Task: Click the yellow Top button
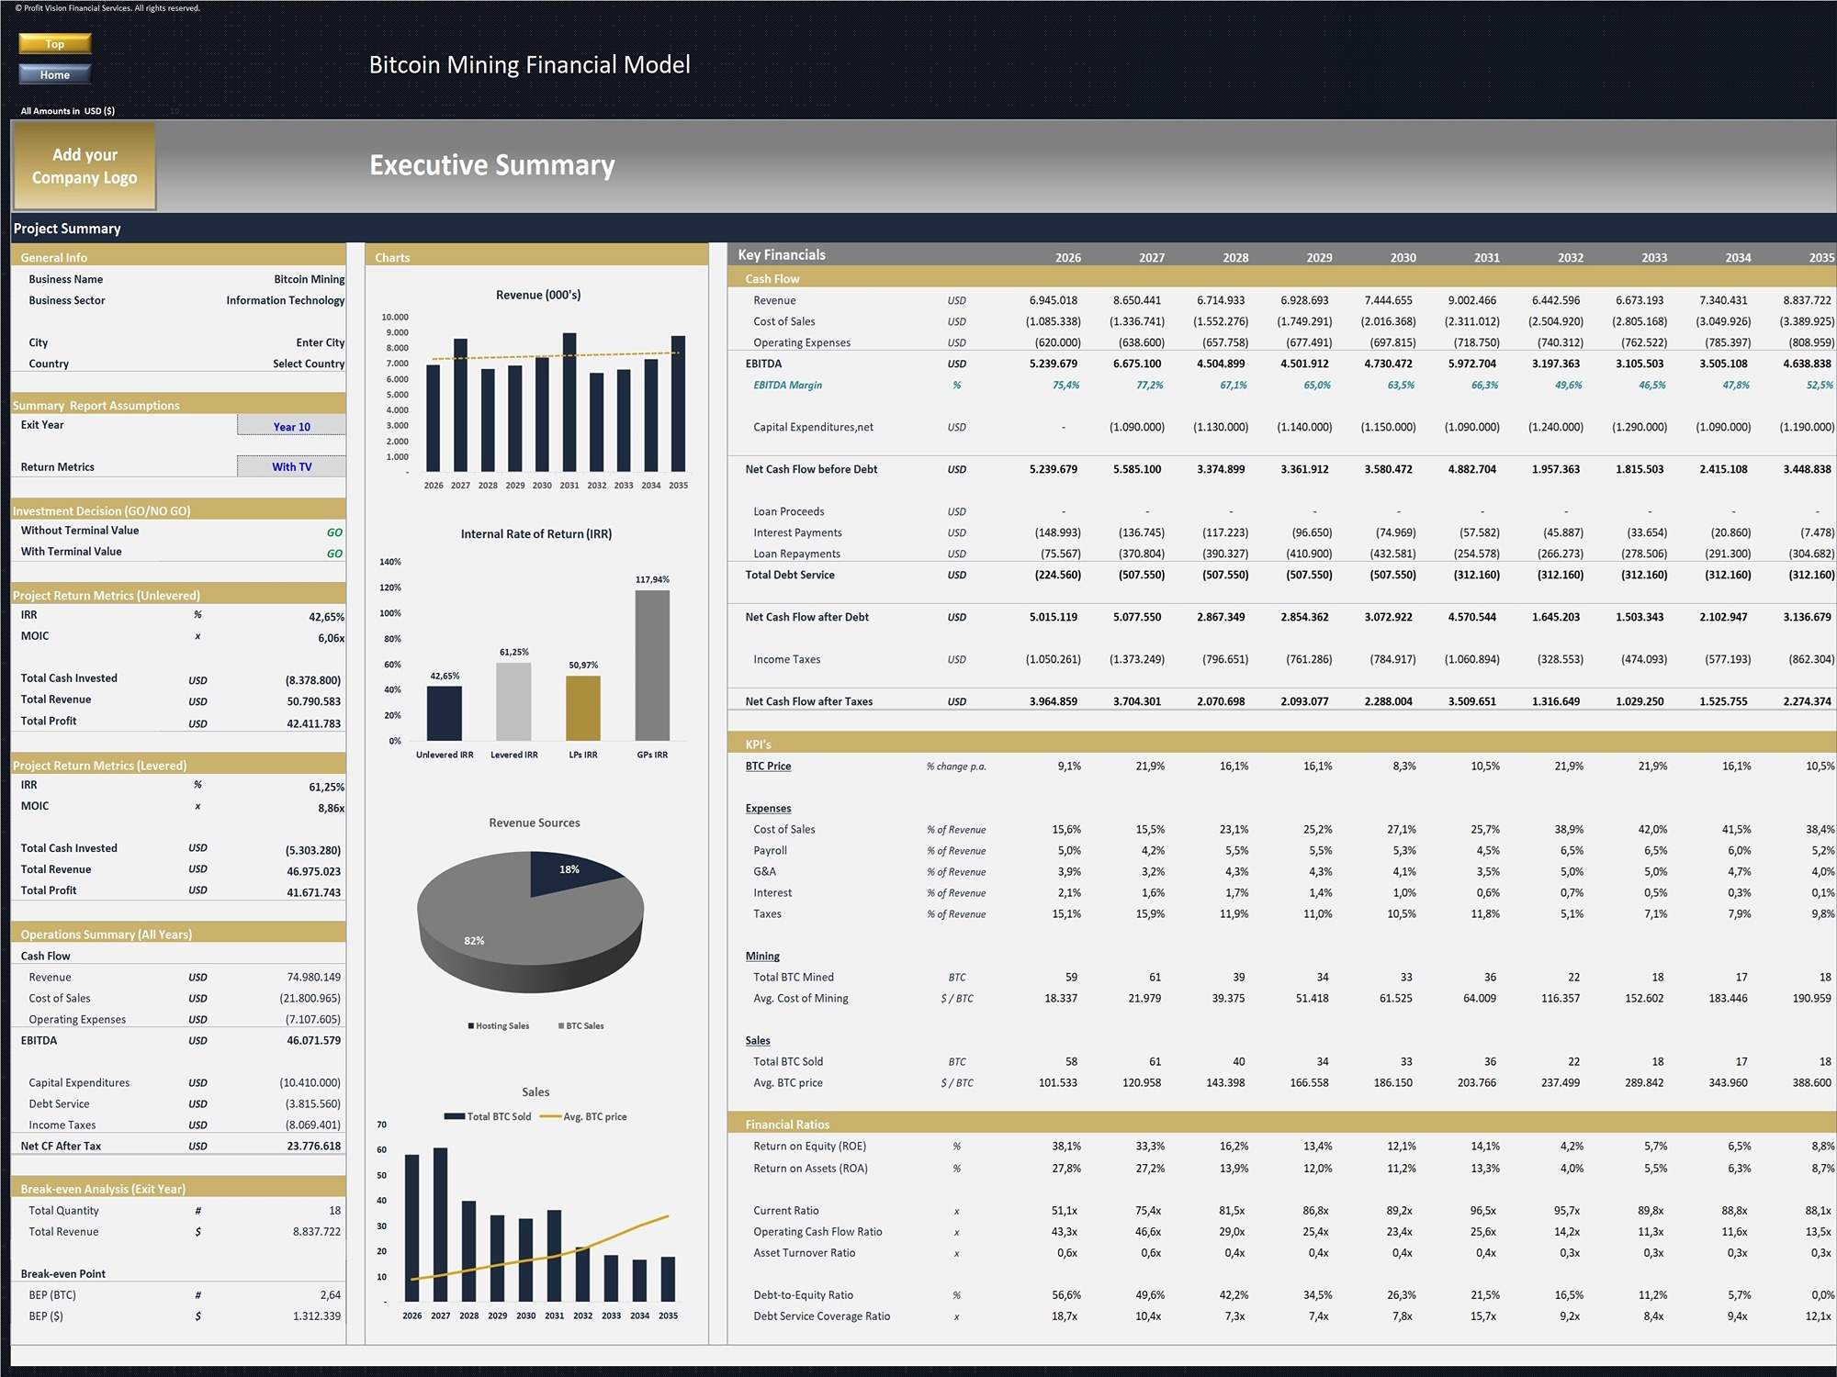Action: pos(55,43)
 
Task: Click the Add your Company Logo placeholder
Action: pos(84,166)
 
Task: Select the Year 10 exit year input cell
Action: pos(291,426)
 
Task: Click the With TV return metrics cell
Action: pos(291,466)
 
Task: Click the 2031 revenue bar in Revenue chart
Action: pos(569,404)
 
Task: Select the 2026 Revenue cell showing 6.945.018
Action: pos(1053,300)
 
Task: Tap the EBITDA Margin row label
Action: pos(787,386)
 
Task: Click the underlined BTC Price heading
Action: pos(768,766)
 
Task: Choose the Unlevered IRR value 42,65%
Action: pos(326,617)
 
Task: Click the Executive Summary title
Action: pos(491,165)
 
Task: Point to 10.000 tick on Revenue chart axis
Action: pos(395,317)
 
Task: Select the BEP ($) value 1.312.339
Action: pos(317,1316)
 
